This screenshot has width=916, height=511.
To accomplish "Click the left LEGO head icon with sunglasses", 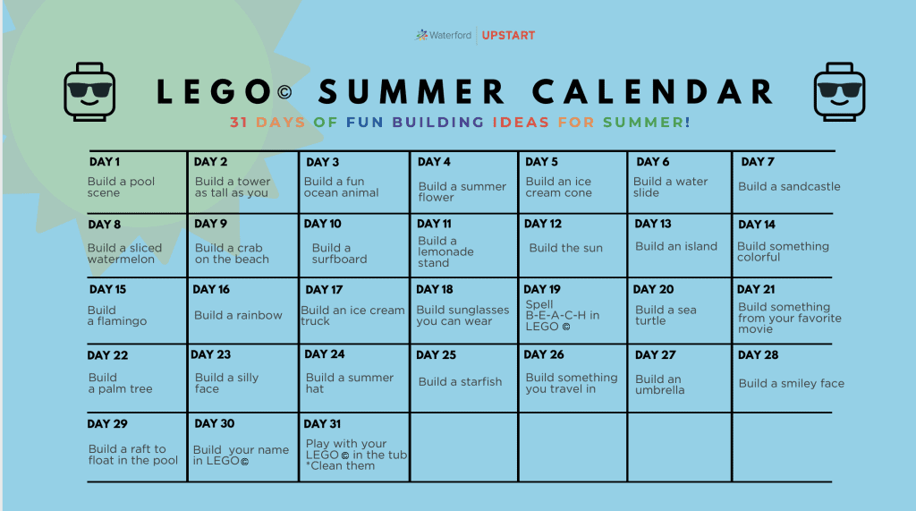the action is [x=89, y=92].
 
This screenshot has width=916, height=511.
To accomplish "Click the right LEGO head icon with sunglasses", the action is [x=839, y=92].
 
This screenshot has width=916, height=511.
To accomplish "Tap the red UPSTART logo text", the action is [x=508, y=36].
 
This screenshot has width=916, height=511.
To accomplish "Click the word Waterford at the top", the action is [x=450, y=35].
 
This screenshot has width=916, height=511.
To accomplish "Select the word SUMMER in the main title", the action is [x=411, y=92].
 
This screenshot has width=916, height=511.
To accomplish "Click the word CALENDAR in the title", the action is [x=652, y=92].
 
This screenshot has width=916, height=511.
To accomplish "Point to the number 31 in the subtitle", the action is [x=238, y=123].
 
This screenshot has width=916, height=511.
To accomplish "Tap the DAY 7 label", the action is [x=757, y=162].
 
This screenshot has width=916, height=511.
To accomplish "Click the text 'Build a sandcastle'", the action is [x=789, y=186].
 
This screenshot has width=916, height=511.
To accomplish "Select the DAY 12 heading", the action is [x=543, y=224].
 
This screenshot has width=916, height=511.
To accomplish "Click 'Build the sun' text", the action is [x=565, y=248].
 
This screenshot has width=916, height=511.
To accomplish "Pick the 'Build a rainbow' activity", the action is [x=238, y=315].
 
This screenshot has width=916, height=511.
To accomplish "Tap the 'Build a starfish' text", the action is [x=460, y=382].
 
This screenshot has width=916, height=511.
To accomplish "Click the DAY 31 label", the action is [x=322, y=424].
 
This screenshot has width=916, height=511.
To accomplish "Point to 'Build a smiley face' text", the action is [x=792, y=384].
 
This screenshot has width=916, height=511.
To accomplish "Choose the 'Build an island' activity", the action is [x=676, y=246].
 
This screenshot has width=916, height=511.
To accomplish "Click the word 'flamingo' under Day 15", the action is [x=122, y=321].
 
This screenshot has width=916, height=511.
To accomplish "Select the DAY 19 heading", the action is [x=541, y=289].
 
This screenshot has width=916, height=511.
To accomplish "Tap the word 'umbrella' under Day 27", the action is [x=659, y=390].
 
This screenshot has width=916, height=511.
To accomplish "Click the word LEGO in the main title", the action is [x=214, y=92].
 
